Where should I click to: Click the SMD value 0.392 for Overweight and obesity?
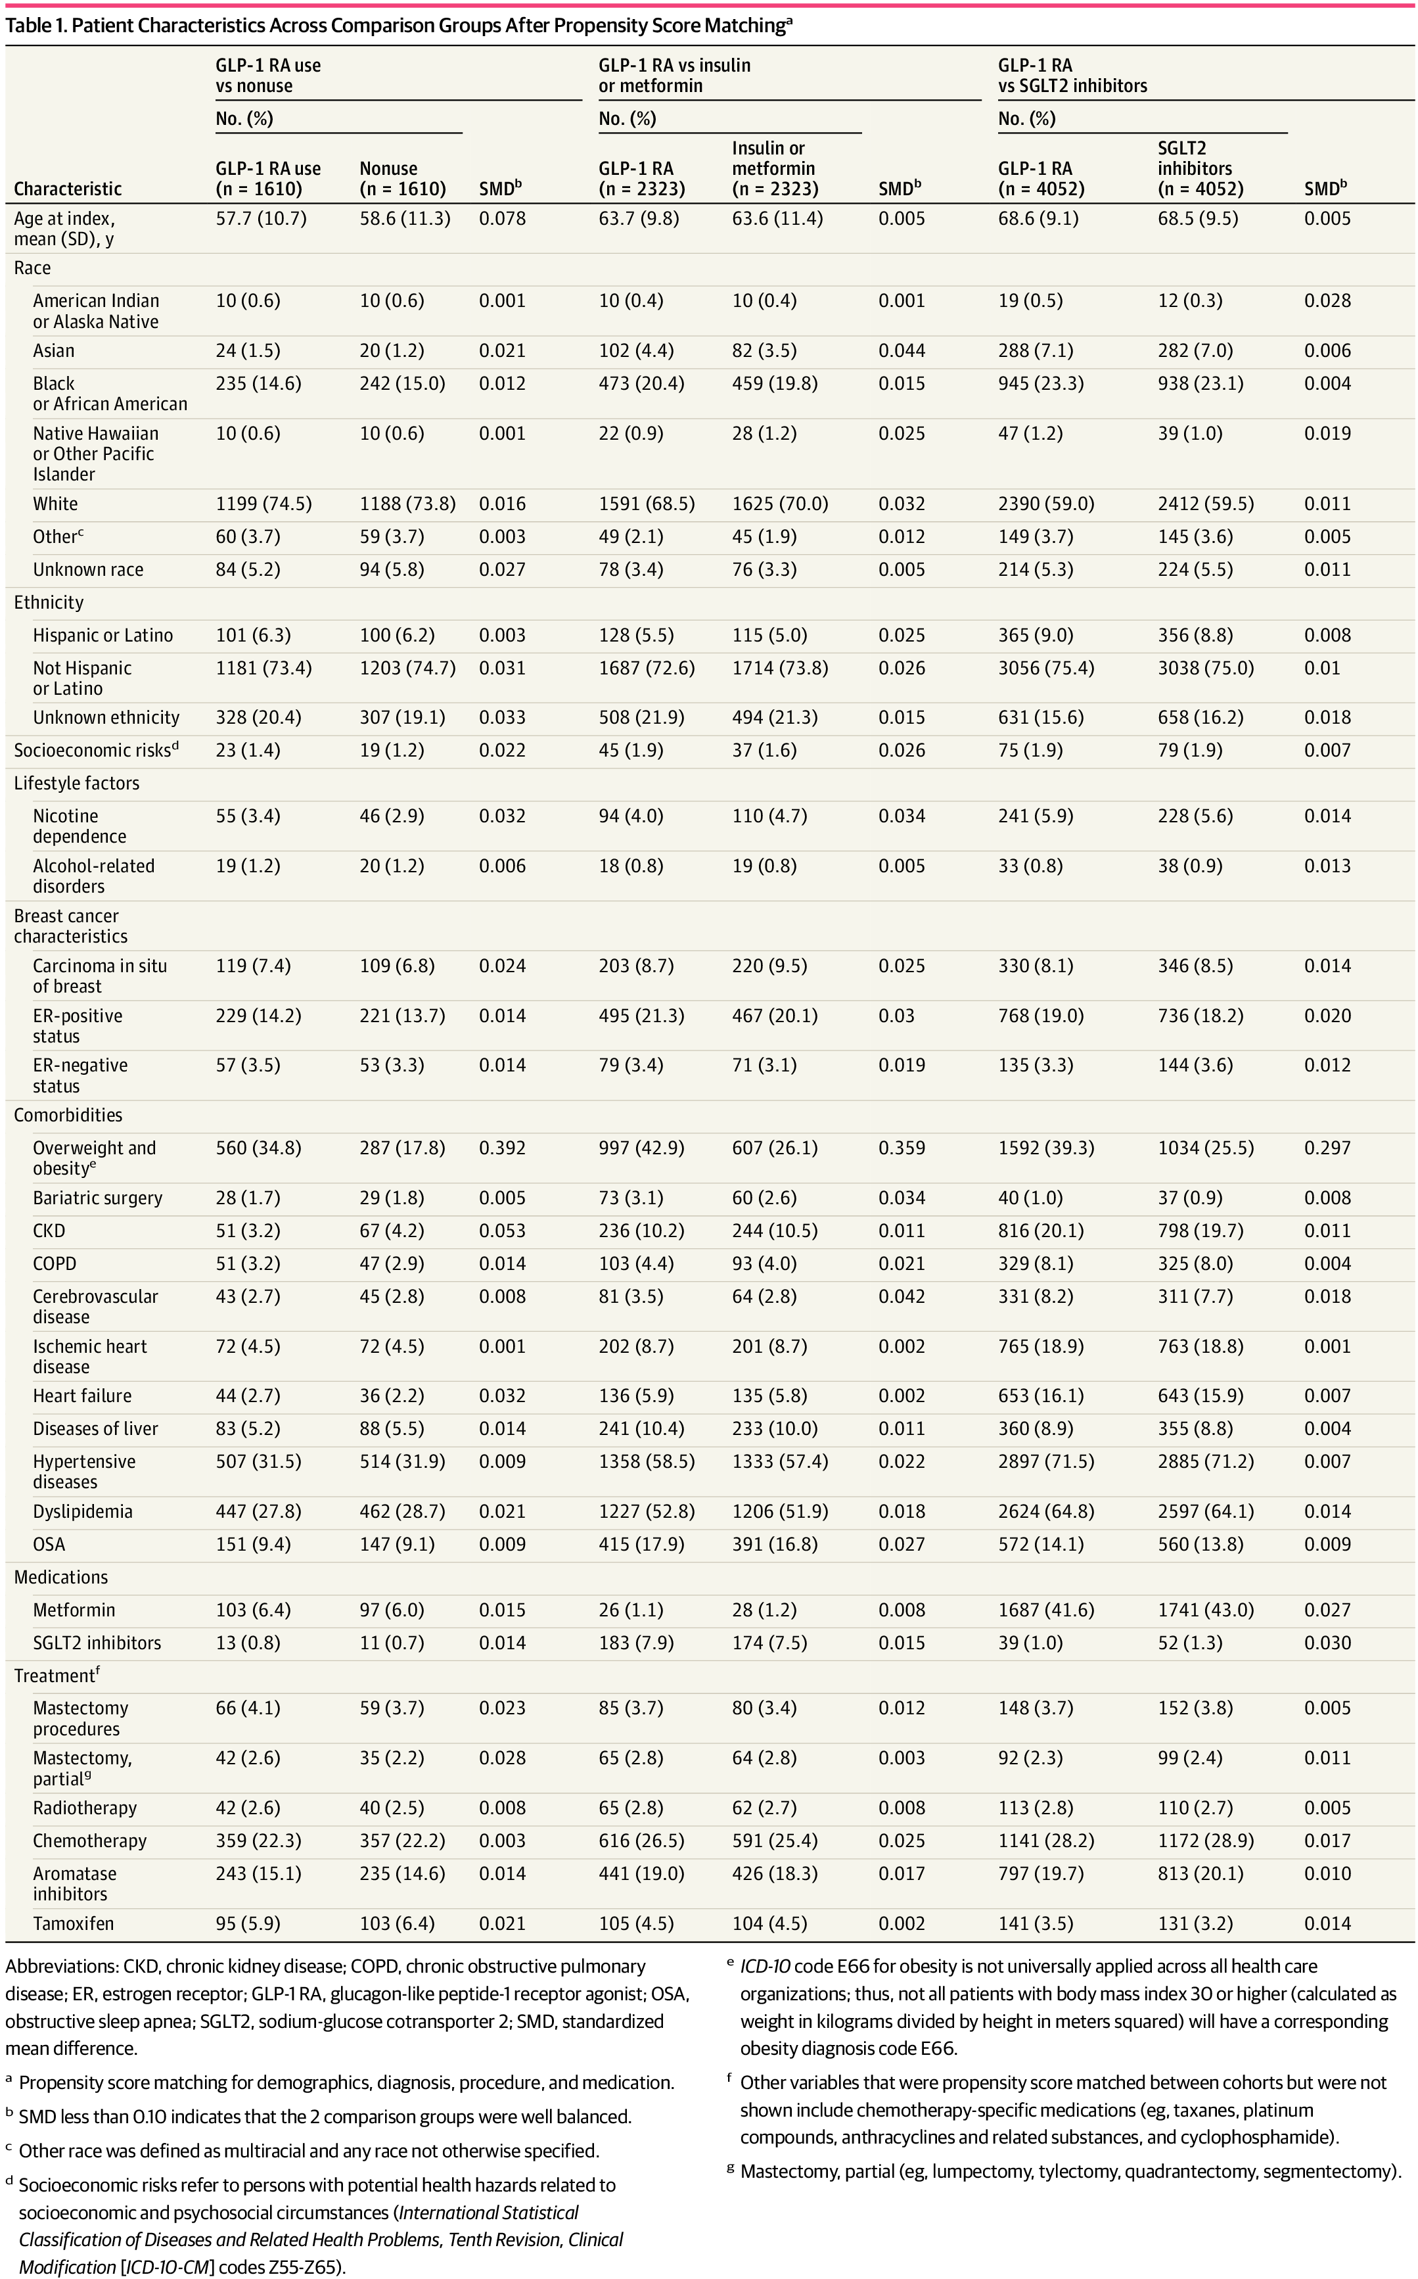[502, 1148]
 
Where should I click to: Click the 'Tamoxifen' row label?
[73, 1923]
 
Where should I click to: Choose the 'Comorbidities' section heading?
[68, 1115]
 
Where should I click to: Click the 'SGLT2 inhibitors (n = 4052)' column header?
[1201, 168]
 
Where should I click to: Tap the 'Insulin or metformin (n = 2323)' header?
[775, 168]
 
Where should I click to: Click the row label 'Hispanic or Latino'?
[103, 635]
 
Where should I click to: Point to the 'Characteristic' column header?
[68, 189]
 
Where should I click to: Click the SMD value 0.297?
[1327, 1148]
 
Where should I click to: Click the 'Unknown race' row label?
[88, 569]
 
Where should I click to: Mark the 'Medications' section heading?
[61, 1577]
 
